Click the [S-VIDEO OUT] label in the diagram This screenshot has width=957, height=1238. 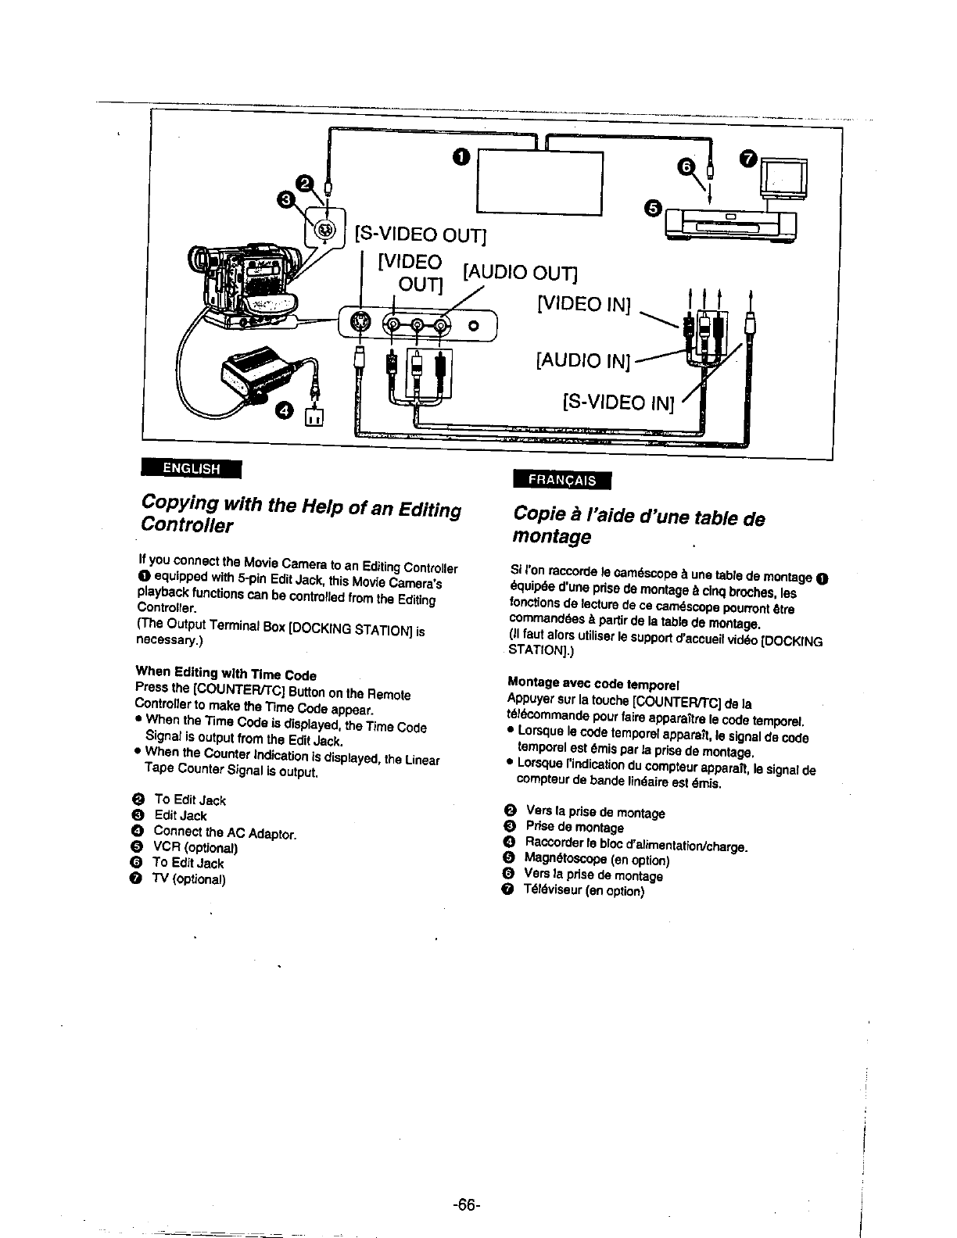[x=421, y=233]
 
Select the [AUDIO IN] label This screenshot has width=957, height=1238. [x=583, y=360]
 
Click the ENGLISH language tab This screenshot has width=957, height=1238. [x=191, y=468]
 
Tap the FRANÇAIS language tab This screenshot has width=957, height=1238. [x=561, y=480]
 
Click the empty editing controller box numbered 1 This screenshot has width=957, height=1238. [x=540, y=182]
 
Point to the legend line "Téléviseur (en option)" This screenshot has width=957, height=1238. [x=584, y=891]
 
